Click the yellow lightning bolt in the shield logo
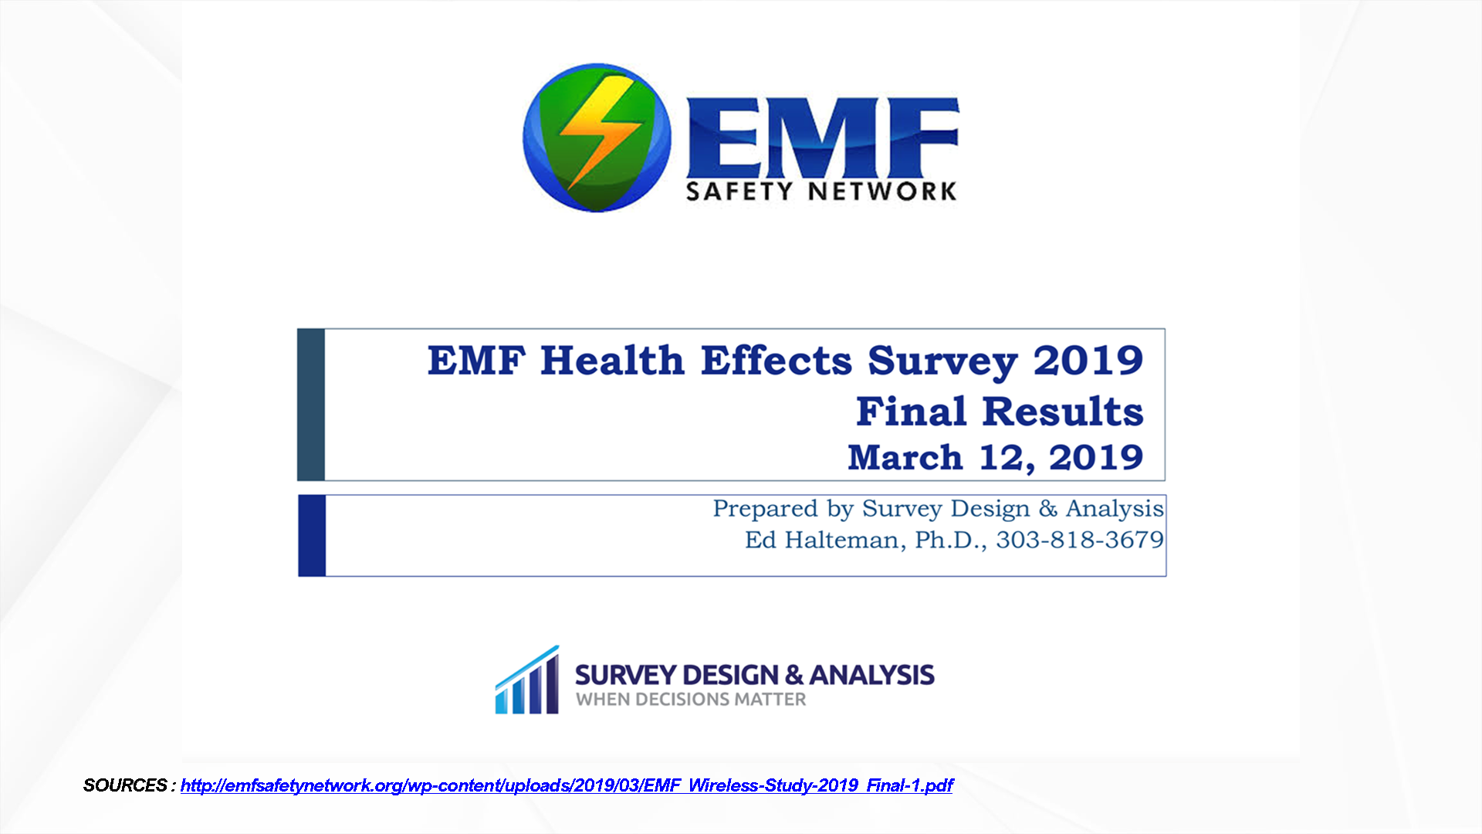(601, 131)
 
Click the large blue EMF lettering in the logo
(823, 138)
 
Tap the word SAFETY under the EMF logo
(739, 191)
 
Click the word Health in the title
(612, 361)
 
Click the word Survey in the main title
(942, 363)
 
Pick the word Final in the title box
(911, 411)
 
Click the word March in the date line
(905, 457)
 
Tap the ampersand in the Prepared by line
(1047, 508)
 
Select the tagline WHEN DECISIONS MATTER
(691, 700)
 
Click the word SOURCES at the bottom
(125, 785)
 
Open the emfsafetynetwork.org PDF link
(567, 786)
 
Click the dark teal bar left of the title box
(311, 405)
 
